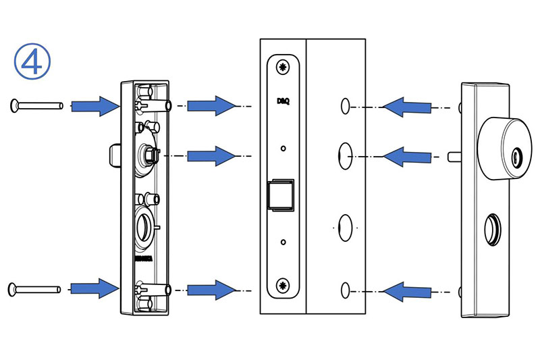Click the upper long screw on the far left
point(36,105)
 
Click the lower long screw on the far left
point(36,289)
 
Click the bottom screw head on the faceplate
point(283,284)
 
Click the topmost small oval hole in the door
point(345,105)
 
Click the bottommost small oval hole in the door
point(345,290)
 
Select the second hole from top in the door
point(344,155)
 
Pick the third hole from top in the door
point(344,226)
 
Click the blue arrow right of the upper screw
point(95,105)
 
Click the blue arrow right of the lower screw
point(95,288)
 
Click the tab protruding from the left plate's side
point(112,155)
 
